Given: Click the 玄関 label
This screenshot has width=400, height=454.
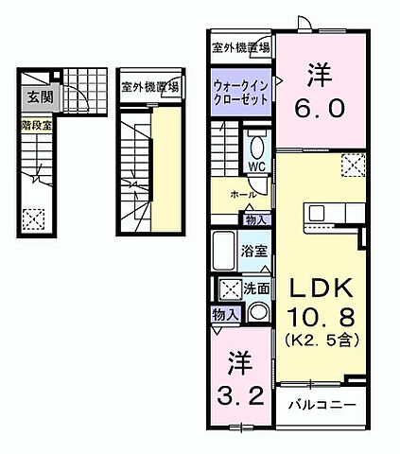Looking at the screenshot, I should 38,96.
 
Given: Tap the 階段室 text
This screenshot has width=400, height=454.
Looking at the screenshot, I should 37,123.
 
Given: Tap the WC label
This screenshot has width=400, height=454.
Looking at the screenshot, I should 256,166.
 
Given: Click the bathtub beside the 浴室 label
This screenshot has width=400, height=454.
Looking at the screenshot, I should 223,251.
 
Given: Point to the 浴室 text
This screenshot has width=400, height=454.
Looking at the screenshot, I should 253,252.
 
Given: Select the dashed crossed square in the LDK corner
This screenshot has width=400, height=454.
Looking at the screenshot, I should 353,166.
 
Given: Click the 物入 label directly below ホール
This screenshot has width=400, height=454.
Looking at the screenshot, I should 255,219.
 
